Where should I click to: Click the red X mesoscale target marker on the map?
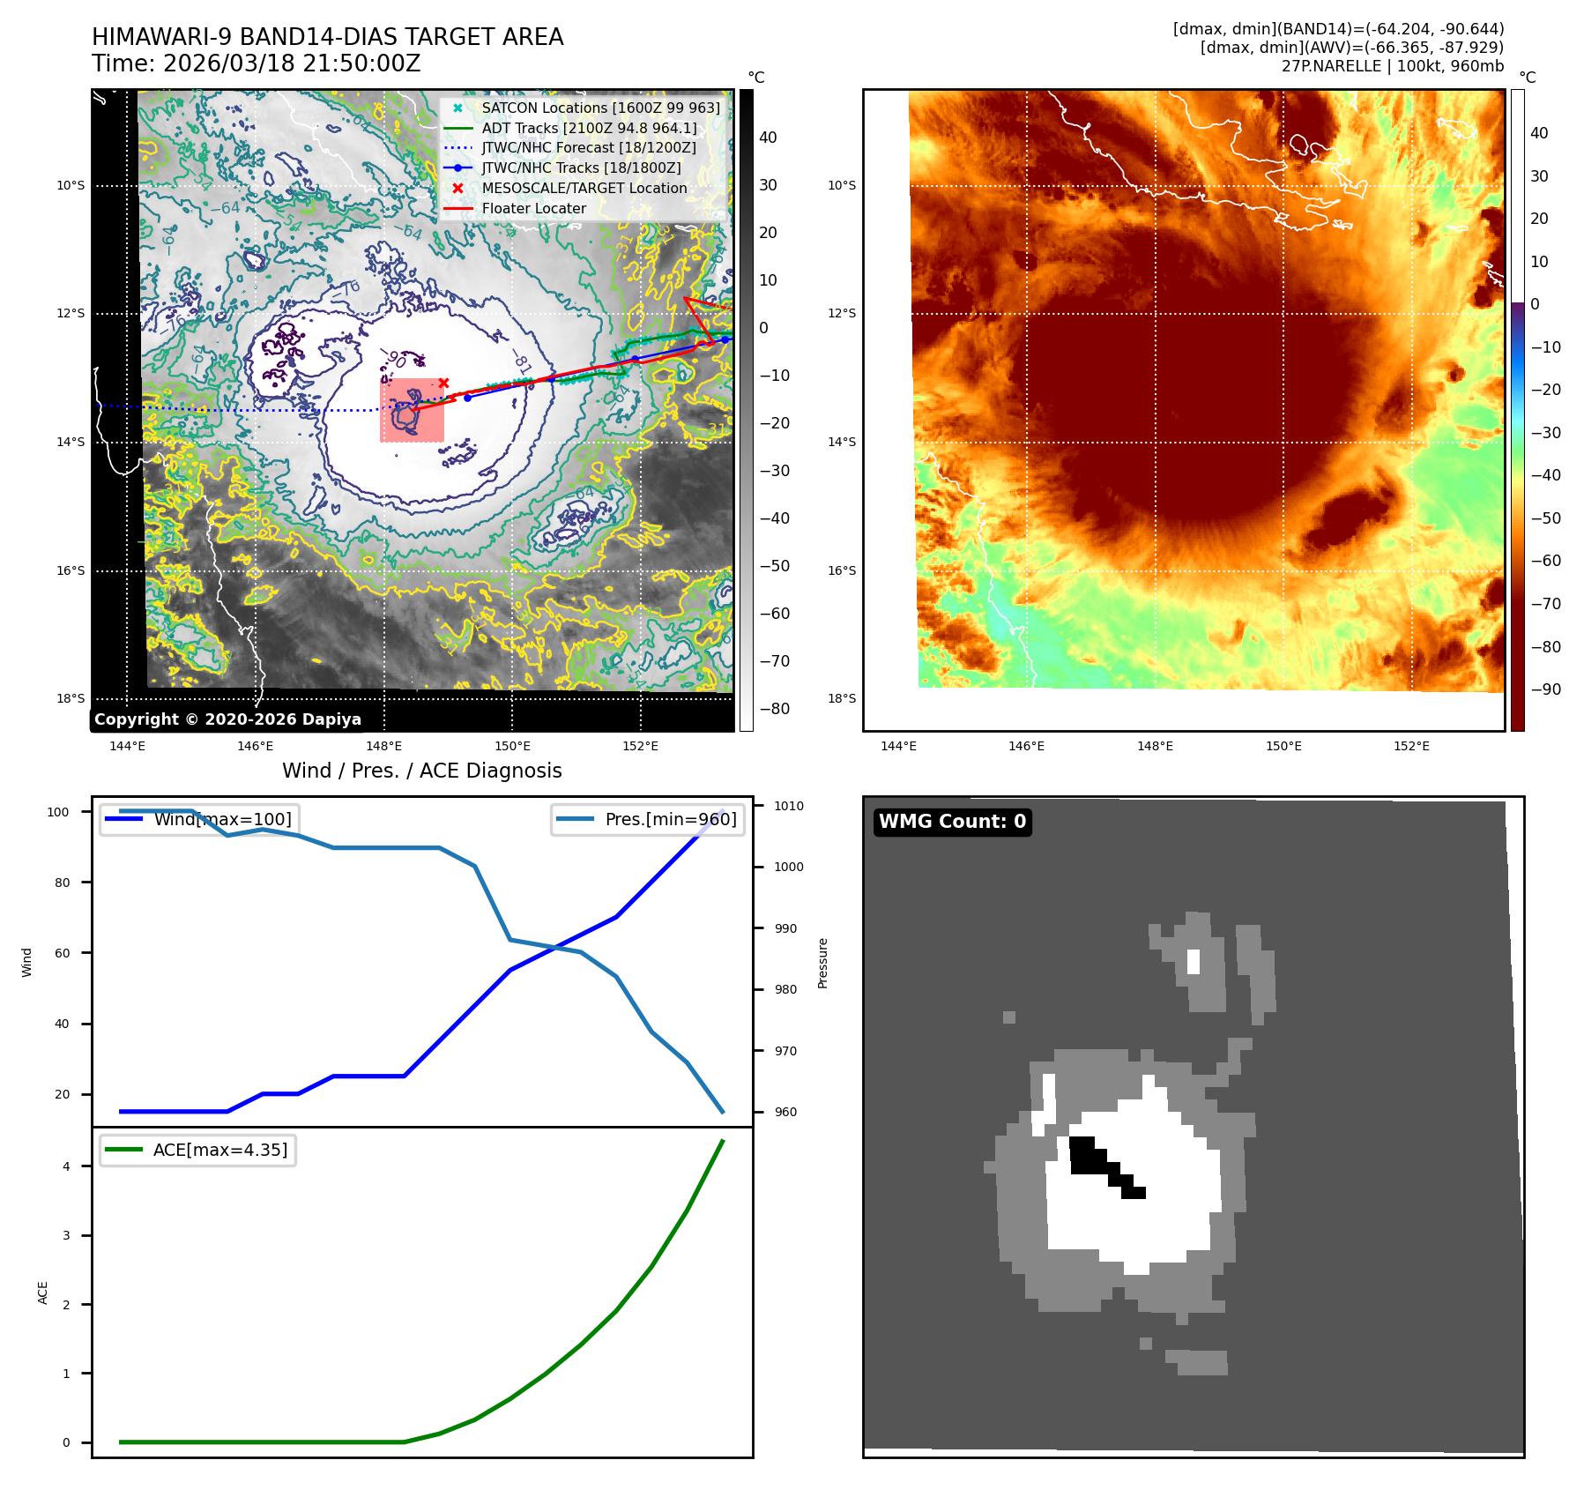click(443, 383)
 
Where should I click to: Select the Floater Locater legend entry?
click(533, 209)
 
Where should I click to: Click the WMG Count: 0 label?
click(952, 822)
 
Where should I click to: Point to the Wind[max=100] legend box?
click(197, 819)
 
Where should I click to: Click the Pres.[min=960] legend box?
click(647, 819)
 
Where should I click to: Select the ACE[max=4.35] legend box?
click(197, 1150)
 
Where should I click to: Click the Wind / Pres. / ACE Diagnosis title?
click(421, 771)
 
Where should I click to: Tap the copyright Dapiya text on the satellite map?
click(227, 719)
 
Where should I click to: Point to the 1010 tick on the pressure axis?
click(788, 806)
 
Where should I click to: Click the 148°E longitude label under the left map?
click(383, 747)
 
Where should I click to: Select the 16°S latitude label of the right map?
click(841, 570)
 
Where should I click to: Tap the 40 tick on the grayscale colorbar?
click(768, 138)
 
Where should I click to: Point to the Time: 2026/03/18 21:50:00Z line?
click(256, 64)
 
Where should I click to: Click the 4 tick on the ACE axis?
click(66, 1166)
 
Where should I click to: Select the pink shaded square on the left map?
click(412, 410)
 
